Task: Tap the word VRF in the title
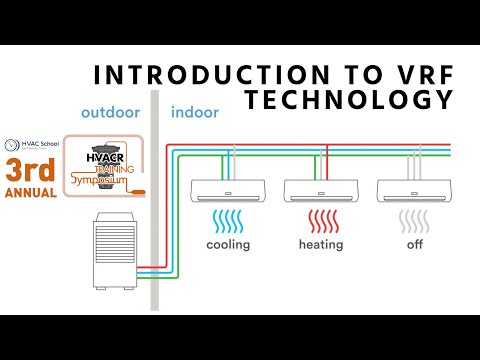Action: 421,75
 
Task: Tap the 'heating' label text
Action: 320,244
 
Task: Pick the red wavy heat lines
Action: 320,220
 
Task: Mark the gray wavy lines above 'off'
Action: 412,220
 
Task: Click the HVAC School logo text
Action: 34,144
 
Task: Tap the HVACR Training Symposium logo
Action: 103,166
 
